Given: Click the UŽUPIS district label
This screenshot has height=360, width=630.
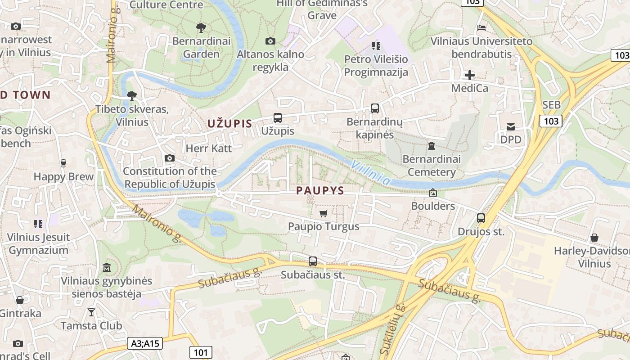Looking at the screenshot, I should pyautogui.click(x=229, y=124).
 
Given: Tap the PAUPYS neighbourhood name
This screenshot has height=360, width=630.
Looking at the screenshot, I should pyautogui.click(x=320, y=191).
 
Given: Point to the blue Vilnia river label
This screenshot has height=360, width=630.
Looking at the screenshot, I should pyautogui.click(x=371, y=173).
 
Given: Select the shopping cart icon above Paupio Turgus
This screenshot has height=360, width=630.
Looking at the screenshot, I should pyautogui.click(x=323, y=213).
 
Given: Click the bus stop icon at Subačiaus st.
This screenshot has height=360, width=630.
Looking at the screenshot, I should pyautogui.click(x=313, y=261).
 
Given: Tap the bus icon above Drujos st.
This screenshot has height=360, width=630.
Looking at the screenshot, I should pyautogui.click(x=481, y=218).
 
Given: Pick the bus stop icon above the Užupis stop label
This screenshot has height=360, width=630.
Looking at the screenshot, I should pyautogui.click(x=278, y=118).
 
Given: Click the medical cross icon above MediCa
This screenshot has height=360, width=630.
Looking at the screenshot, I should pyautogui.click(x=469, y=75).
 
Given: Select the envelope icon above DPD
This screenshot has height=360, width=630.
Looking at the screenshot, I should pyautogui.click(x=511, y=127).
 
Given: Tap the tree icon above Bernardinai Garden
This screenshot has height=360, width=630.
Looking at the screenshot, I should pyautogui.click(x=201, y=28).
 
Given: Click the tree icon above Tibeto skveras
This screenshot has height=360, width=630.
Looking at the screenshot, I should pyautogui.click(x=131, y=95).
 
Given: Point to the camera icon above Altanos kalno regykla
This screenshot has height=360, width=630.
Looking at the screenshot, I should pyautogui.click(x=270, y=41).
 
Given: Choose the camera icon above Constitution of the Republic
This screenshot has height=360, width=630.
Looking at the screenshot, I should pyautogui.click(x=170, y=158).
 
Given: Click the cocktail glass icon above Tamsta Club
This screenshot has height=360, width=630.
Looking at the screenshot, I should pyautogui.click(x=91, y=312).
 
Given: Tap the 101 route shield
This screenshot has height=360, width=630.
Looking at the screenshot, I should pyautogui.click(x=200, y=352).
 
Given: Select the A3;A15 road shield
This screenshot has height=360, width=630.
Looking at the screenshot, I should pyautogui.click(x=144, y=343).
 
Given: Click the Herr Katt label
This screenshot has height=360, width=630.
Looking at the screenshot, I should pyautogui.click(x=209, y=148).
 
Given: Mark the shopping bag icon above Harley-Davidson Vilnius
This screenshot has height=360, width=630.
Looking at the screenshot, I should pyautogui.click(x=594, y=237).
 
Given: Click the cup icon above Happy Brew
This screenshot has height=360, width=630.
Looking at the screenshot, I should pyautogui.click(x=63, y=163).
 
